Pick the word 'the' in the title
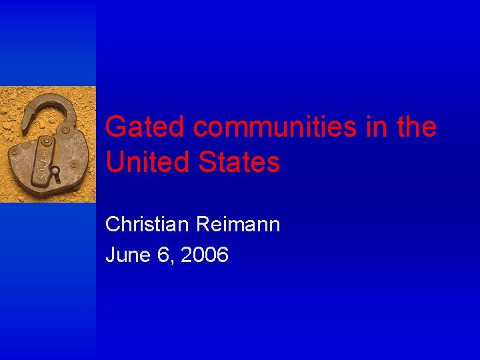[417, 127]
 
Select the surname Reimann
[238, 225]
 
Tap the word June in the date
[127, 254]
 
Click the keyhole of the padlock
[57, 175]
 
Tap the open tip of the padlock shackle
[25, 123]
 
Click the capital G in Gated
[116, 127]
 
